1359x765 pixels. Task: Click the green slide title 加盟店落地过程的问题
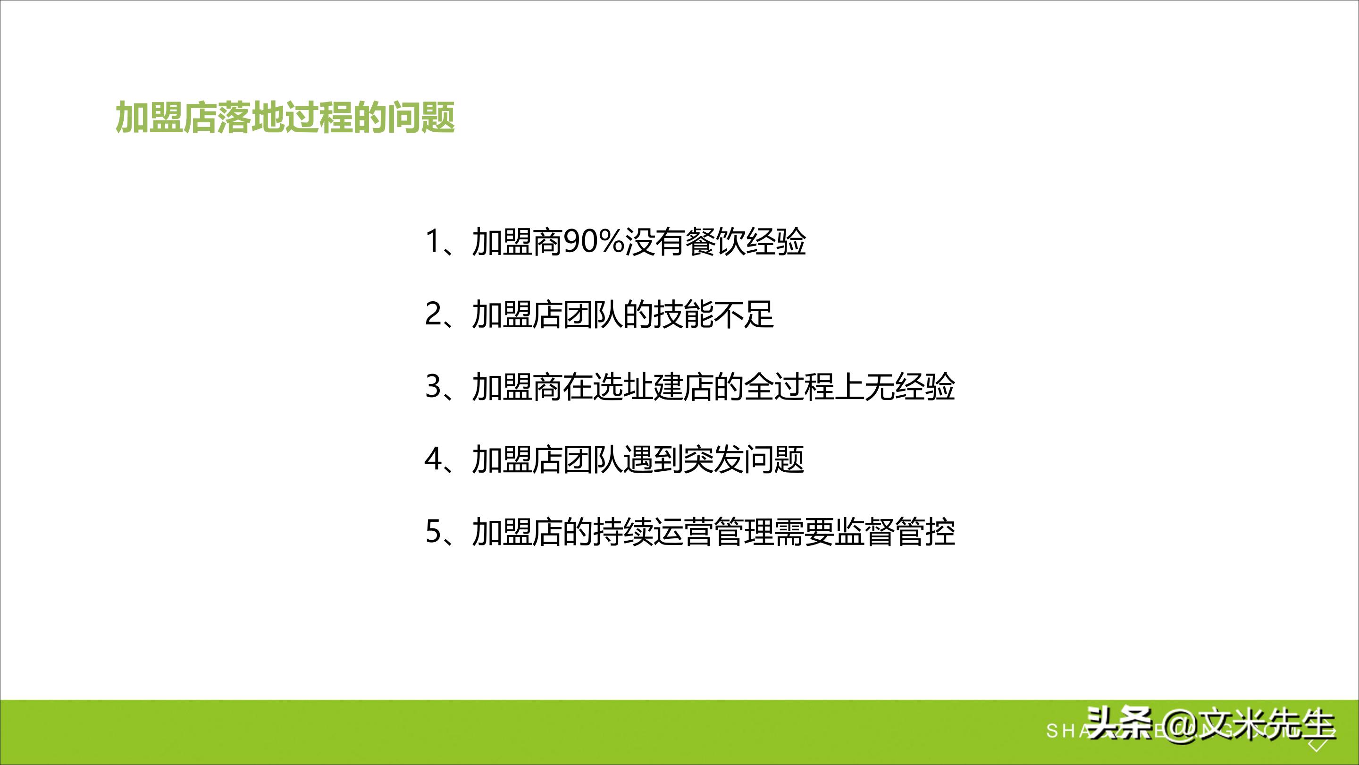285,117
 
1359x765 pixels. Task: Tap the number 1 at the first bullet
433,242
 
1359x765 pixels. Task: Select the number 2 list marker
433,314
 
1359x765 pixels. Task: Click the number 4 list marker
433,459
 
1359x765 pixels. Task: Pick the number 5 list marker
433,531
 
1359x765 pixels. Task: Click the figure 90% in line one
594,242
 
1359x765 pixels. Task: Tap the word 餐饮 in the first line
715,242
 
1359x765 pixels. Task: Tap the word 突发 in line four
714,459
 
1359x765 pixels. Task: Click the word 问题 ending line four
774,459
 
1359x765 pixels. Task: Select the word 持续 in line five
623,531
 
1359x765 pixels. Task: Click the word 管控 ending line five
925,531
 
